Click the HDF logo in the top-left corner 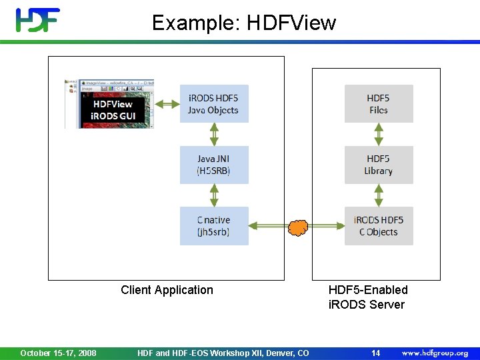[x=38, y=20]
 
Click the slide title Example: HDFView [x=244, y=23]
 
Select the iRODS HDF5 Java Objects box [x=214, y=103]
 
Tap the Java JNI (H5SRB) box [x=214, y=165]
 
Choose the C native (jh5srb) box [x=214, y=226]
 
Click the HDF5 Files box [x=378, y=103]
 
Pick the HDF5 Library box [x=378, y=165]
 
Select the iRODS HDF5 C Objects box [x=378, y=226]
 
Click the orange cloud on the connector [x=298, y=228]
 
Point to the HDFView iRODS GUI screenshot [x=110, y=104]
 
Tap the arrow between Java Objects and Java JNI [x=214, y=134]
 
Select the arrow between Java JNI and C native [x=214, y=195]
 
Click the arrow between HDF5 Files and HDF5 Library [x=378, y=134]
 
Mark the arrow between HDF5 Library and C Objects [x=378, y=195]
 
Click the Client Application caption [x=167, y=290]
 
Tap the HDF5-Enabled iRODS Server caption [x=367, y=297]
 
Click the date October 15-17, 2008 [x=58, y=353]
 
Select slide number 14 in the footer [x=375, y=353]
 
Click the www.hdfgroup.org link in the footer [x=435, y=353]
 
